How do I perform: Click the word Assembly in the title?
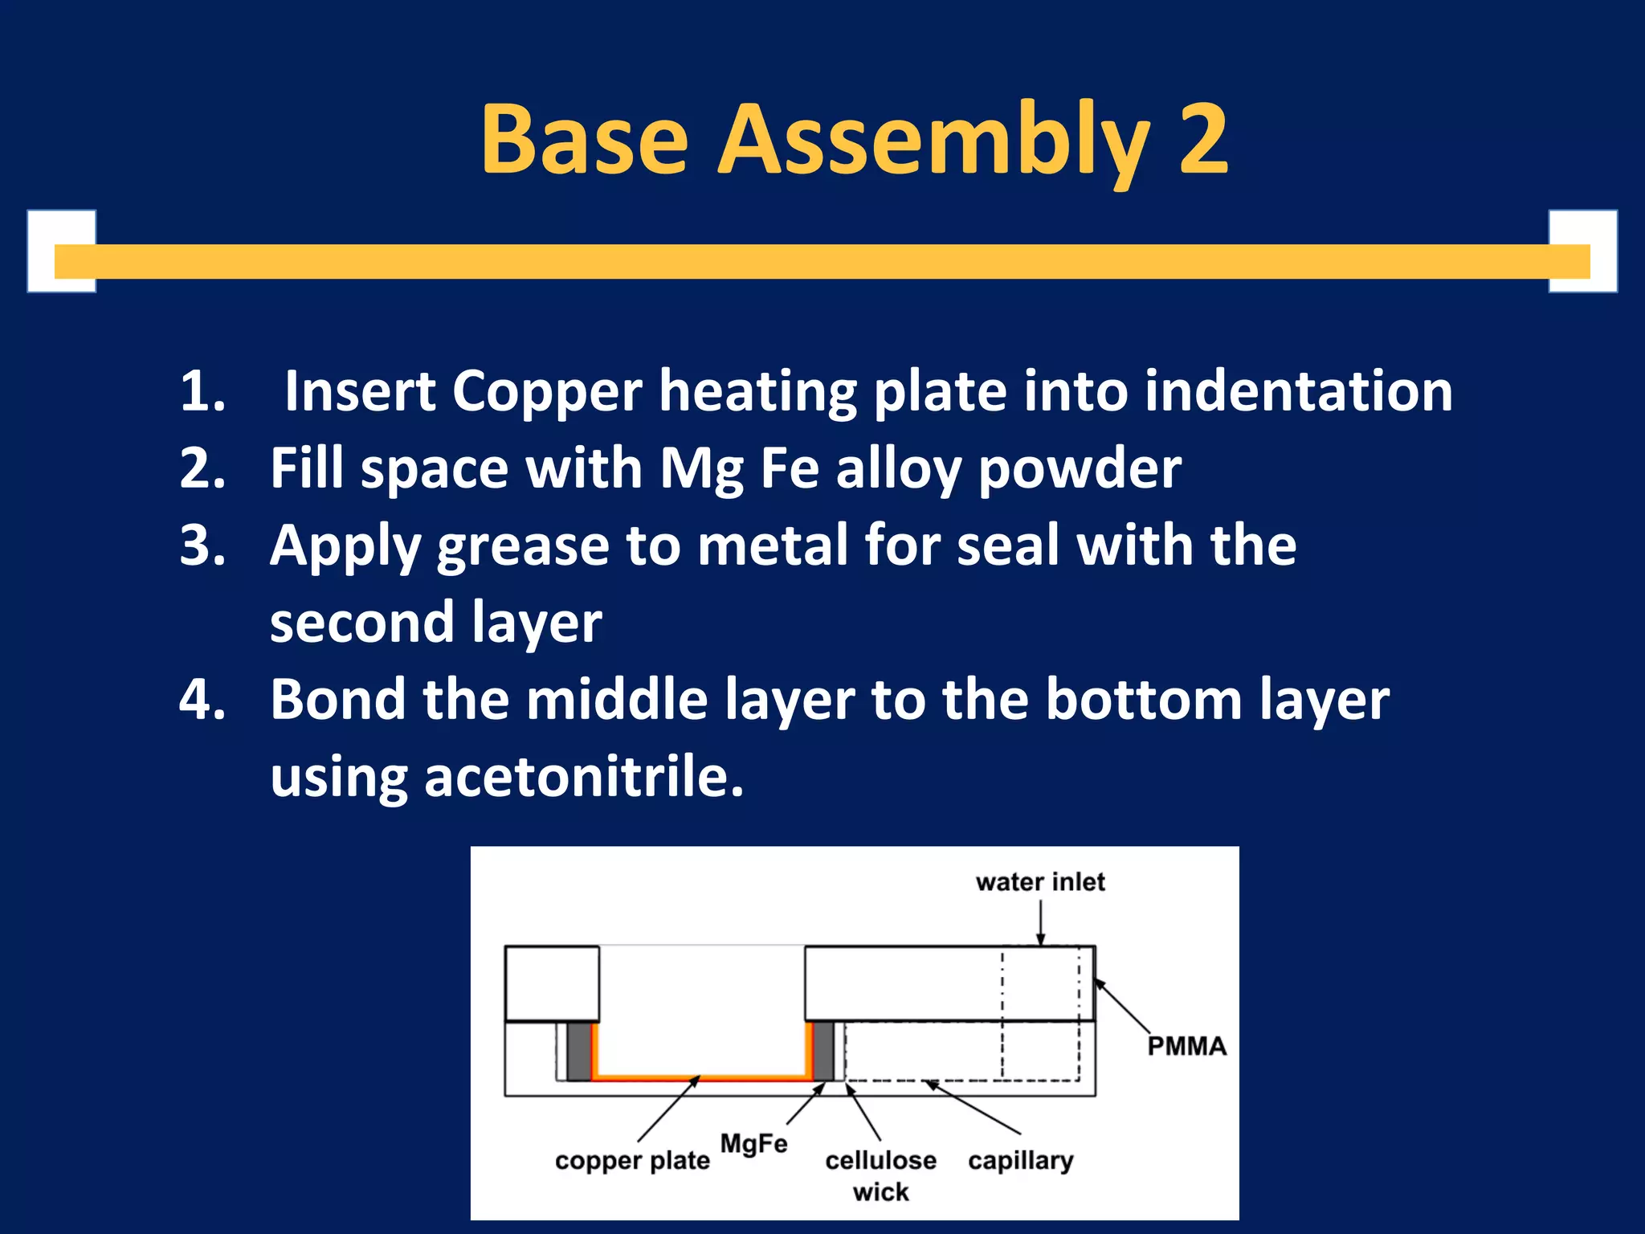tap(933, 141)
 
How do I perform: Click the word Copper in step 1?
tap(546, 392)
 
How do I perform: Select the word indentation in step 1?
tap(1298, 392)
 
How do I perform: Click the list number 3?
tap(201, 546)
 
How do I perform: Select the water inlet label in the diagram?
tap(1040, 882)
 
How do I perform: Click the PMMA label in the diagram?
tap(1186, 1046)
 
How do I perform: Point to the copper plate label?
tap(632, 1161)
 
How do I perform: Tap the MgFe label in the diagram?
tap(753, 1143)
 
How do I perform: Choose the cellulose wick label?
tap(881, 1175)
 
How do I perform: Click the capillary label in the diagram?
tap(1020, 1161)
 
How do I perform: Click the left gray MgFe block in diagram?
tap(578, 1051)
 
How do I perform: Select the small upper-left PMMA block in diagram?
tap(552, 983)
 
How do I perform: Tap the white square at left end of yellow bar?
tap(62, 251)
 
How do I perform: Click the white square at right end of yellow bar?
tap(1582, 251)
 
